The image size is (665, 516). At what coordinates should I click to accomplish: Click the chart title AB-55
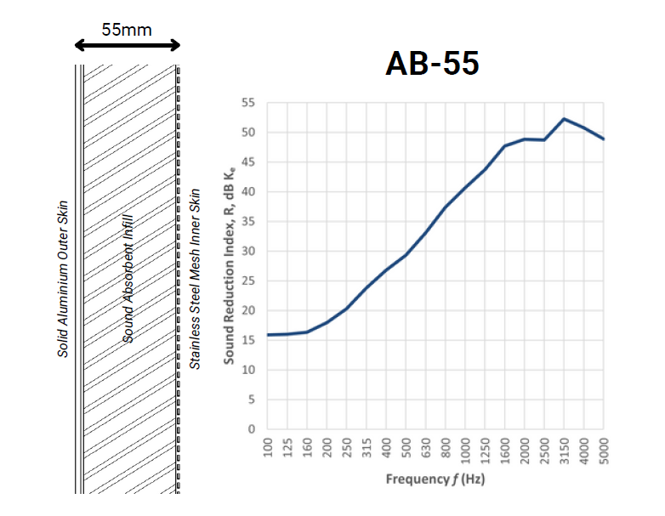click(x=431, y=64)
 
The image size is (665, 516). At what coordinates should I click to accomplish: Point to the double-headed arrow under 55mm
click(x=127, y=46)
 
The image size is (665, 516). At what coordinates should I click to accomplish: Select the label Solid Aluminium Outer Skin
click(x=63, y=280)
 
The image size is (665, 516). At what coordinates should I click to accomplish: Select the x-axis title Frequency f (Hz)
click(x=435, y=479)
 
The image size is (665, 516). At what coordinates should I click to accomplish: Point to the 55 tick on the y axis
click(x=248, y=103)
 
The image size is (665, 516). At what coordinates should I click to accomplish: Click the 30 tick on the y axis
click(x=248, y=252)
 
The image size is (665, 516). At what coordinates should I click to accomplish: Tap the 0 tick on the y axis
click(x=252, y=429)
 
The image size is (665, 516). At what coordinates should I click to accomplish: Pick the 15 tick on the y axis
click(x=248, y=340)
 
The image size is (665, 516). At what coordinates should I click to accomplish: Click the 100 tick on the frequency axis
click(x=269, y=447)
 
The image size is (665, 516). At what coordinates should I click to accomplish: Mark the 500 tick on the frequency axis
click(x=406, y=447)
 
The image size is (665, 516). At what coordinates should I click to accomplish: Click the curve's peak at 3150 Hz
click(x=564, y=119)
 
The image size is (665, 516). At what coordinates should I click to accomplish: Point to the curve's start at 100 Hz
click(x=269, y=335)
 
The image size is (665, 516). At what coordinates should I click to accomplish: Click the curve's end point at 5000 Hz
click(x=603, y=139)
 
